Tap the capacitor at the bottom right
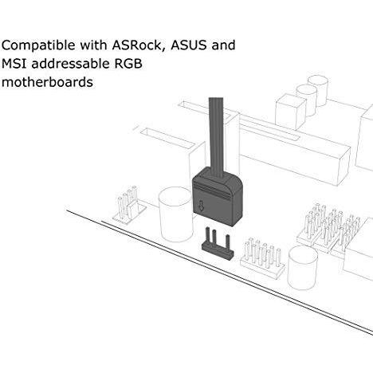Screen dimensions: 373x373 click(304, 269)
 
